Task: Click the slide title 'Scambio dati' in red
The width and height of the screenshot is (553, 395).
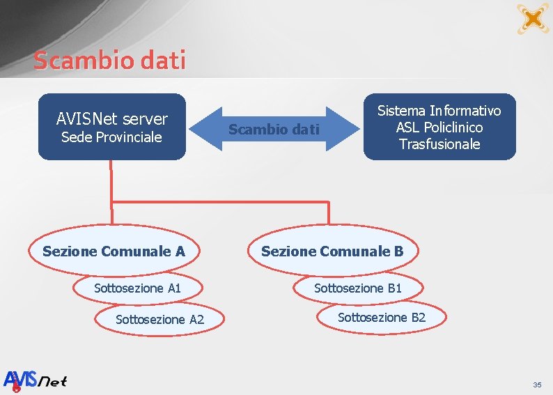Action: tap(110, 61)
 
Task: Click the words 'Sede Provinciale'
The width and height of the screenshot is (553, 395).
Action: tap(111, 137)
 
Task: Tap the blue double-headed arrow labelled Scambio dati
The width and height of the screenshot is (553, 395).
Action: tap(274, 129)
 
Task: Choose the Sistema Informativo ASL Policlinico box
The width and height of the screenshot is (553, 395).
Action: tap(439, 127)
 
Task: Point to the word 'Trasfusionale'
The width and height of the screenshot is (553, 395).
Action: tap(439, 144)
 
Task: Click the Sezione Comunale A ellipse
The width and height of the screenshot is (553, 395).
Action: tap(114, 251)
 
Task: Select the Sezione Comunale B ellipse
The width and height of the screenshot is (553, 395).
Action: tap(332, 251)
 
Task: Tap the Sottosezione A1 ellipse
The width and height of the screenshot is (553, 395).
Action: tap(138, 288)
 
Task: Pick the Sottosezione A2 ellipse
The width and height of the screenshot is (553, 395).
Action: tap(159, 320)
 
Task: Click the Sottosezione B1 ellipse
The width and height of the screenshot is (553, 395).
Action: tap(358, 288)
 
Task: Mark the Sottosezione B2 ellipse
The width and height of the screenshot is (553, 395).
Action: tap(381, 318)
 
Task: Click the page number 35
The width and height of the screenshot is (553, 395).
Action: tap(537, 385)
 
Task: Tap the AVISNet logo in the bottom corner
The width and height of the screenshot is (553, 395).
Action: tap(36, 380)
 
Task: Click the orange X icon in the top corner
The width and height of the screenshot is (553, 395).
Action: tap(533, 18)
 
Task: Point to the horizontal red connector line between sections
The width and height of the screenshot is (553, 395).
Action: tap(219, 201)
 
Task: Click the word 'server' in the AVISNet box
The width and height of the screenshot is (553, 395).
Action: tap(145, 120)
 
